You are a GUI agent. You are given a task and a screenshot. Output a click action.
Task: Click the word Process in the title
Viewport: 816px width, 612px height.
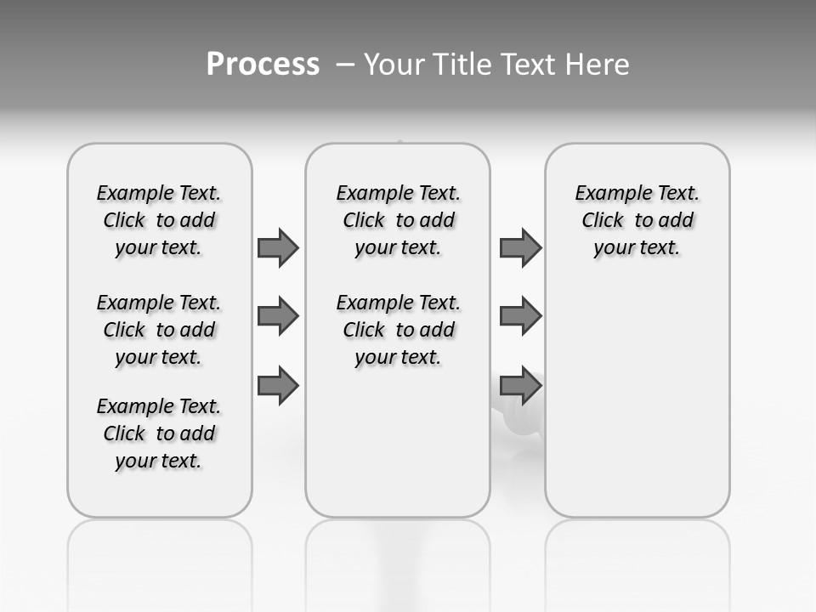(263, 65)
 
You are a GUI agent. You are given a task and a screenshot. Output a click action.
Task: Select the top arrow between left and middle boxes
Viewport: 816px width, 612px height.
(278, 247)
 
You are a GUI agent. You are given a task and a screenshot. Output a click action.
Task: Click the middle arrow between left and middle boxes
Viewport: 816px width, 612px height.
(278, 316)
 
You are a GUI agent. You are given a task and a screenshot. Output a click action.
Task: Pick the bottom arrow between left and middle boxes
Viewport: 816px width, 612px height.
(278, 385)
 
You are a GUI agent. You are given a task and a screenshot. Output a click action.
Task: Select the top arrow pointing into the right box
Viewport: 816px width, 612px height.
(520, 247)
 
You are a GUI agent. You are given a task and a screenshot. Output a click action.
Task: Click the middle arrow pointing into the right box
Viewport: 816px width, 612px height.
(520, 316)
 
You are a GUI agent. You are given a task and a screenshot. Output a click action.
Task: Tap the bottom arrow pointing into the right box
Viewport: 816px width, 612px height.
(520, 385)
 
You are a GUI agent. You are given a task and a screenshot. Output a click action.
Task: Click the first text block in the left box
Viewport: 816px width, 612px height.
(159, 220)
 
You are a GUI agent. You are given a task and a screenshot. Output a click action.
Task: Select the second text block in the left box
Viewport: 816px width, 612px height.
(159, 330)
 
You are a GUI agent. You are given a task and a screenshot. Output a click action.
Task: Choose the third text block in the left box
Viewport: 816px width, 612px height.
(159, 433)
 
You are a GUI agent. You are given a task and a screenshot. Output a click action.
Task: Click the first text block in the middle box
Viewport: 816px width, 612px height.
(398, 220)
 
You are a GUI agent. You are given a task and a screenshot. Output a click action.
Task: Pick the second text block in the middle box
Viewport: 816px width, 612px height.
(398, 330)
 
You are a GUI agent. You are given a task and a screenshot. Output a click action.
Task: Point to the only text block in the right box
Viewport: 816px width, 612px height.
(637, 220)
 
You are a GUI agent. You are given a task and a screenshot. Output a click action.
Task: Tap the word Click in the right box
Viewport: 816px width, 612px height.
(603, 220)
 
